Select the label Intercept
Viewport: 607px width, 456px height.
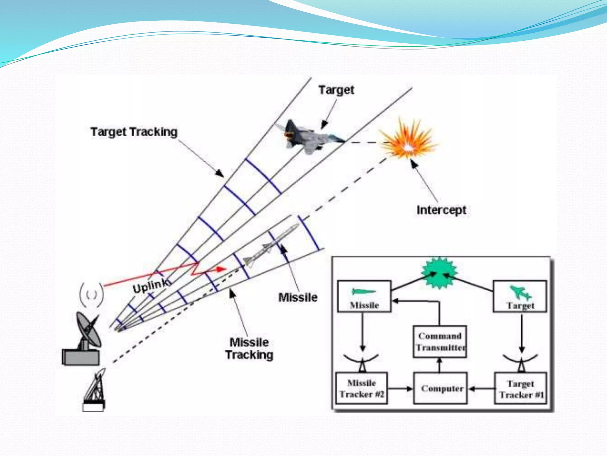coord(441,210)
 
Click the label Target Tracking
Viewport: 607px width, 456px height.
coord(134,132)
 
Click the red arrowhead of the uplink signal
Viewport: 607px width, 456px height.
coord(221,269)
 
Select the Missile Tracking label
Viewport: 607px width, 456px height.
coord(249,349)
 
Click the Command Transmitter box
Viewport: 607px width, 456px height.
coord(440,341)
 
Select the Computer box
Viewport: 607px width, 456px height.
coord(440,388)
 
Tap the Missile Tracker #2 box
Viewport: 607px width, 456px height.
coord(362,388)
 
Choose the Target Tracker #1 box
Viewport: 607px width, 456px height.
coord(521,389)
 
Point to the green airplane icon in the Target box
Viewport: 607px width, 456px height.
coord(520,292)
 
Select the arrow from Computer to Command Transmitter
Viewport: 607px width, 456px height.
coord(440,365)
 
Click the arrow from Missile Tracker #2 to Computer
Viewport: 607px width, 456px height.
coord(400,388)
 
